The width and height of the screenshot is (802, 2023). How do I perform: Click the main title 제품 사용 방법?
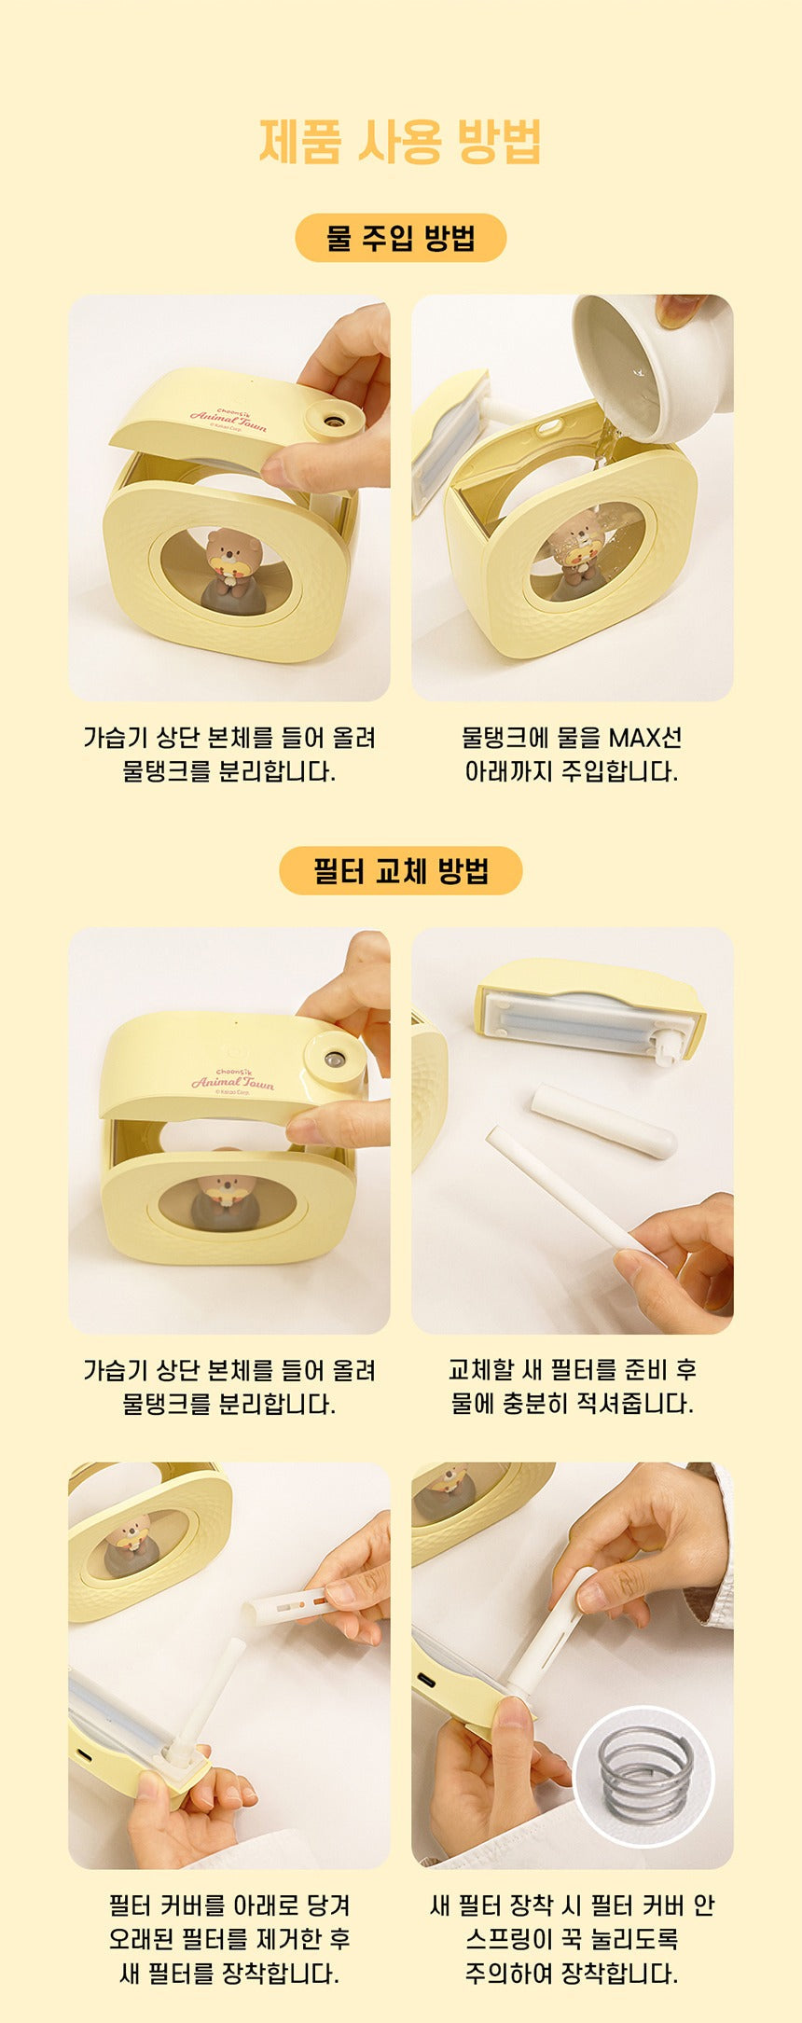[x=400, y=142]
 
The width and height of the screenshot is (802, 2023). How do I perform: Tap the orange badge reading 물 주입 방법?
[x=400, y=238]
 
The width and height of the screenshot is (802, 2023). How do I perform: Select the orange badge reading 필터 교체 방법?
[x=400, y=871]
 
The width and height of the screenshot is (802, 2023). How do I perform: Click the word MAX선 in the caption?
[x=645, y=738]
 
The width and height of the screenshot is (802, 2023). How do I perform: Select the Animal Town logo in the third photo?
[x=232, y=1080]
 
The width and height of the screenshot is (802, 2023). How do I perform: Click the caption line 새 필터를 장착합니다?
[x=228, y=1973]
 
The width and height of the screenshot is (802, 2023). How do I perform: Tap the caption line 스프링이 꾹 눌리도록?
[x=572, y=1939]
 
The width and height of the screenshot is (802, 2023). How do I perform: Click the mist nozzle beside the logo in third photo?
[x=333, y=1060]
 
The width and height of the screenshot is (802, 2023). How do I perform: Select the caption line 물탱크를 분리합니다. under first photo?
[x=228, y=771]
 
